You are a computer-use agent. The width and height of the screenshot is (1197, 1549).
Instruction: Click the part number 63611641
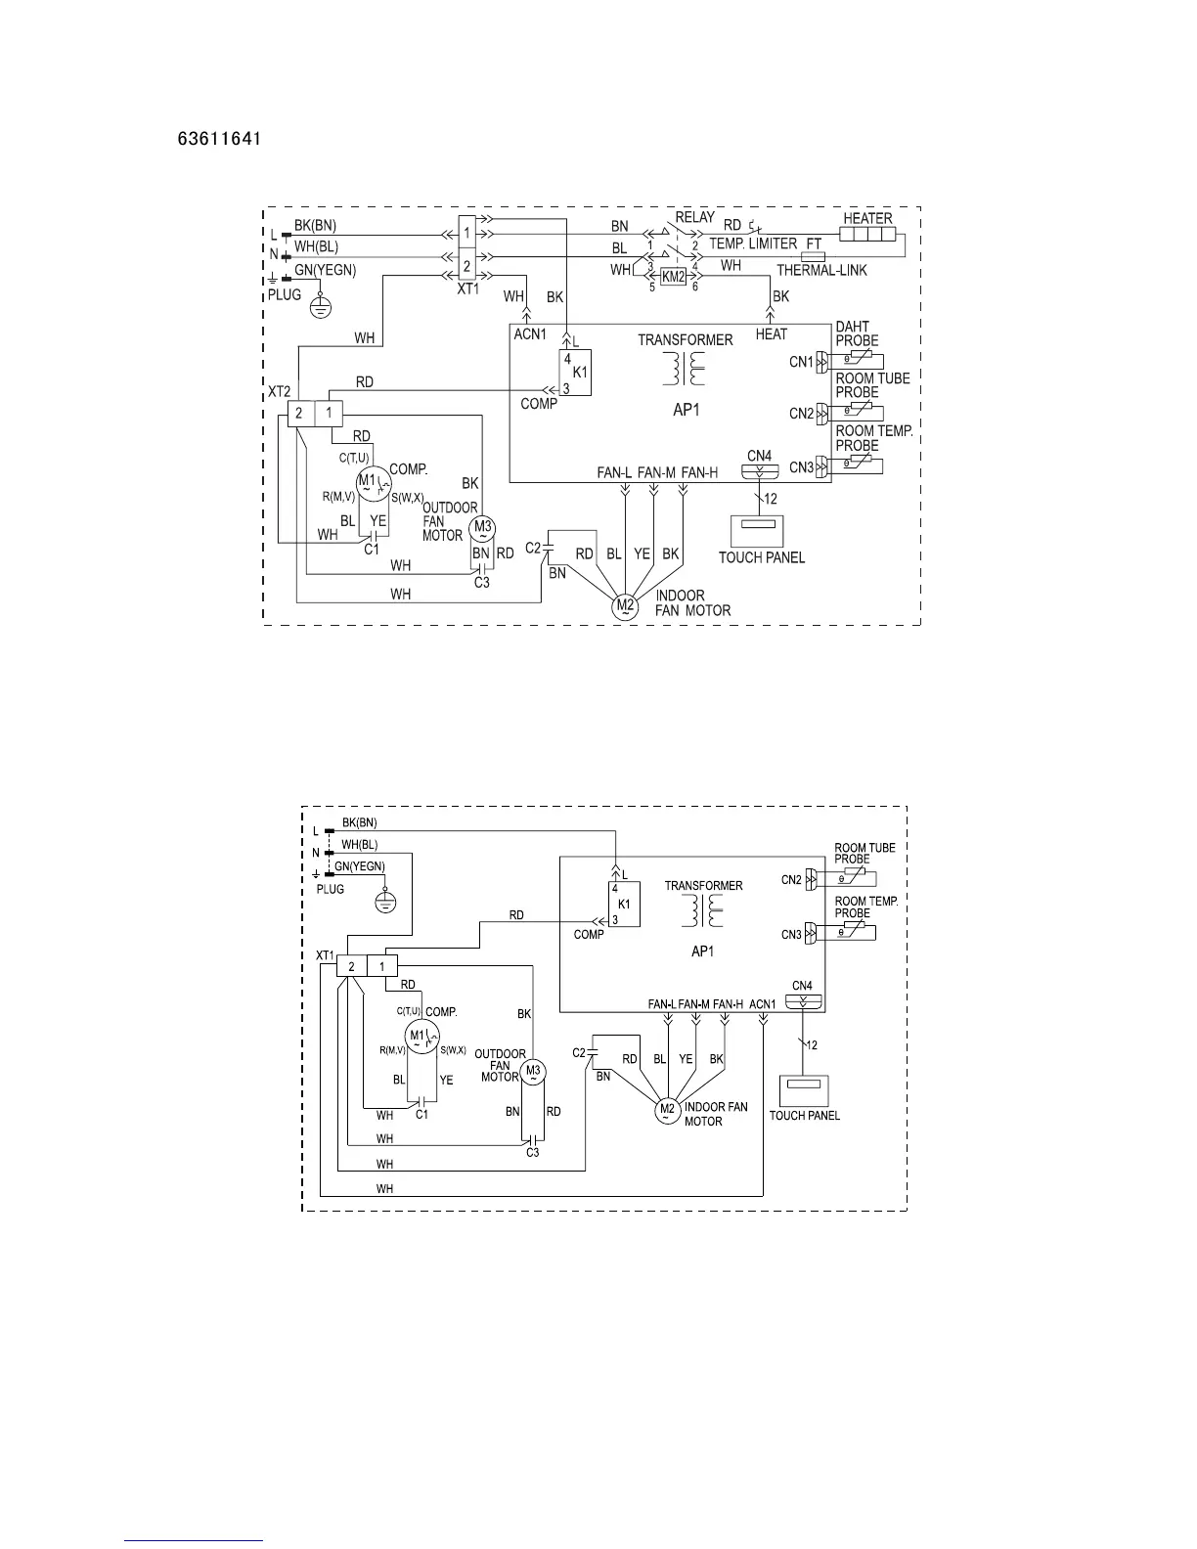218,140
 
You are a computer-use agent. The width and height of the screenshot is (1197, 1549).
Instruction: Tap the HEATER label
867,219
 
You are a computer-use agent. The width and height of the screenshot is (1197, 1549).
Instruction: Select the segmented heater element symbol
867,237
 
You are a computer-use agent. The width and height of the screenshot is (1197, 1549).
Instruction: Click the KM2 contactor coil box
674,277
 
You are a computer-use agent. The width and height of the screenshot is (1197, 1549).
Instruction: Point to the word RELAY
694,217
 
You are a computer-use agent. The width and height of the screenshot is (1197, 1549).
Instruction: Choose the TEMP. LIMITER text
752,243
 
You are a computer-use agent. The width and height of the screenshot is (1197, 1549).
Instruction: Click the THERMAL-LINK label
821,271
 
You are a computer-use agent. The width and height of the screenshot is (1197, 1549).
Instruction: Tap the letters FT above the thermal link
814,243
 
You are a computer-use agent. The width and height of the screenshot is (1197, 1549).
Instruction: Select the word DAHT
852,328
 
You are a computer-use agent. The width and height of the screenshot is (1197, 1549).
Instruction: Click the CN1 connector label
802,363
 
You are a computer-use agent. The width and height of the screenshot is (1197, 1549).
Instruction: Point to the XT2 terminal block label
280,392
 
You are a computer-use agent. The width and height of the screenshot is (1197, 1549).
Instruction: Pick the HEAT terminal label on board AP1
771,334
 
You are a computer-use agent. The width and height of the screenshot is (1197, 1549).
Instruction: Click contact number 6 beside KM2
696,287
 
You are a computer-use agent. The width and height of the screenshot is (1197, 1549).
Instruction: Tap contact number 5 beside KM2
651,287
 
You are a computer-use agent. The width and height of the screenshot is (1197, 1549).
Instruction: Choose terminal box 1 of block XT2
330,414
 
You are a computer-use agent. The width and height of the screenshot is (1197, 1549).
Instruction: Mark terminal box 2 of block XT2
299,414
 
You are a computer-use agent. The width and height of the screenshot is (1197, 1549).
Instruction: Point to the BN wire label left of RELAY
619,227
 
